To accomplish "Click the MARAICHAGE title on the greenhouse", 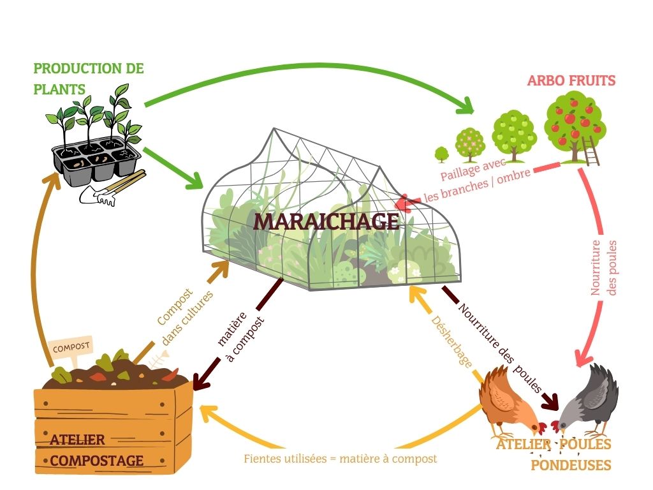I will coord(326,221).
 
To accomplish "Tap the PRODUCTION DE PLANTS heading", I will coord(88,78).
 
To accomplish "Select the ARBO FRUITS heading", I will coord(571,80).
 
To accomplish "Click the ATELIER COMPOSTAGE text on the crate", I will coord(96,450).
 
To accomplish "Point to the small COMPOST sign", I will coord(71,348).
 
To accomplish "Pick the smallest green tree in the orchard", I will coord(441,154).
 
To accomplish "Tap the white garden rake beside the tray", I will coord(102,195).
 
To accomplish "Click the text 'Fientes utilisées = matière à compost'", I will coord(341,458).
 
